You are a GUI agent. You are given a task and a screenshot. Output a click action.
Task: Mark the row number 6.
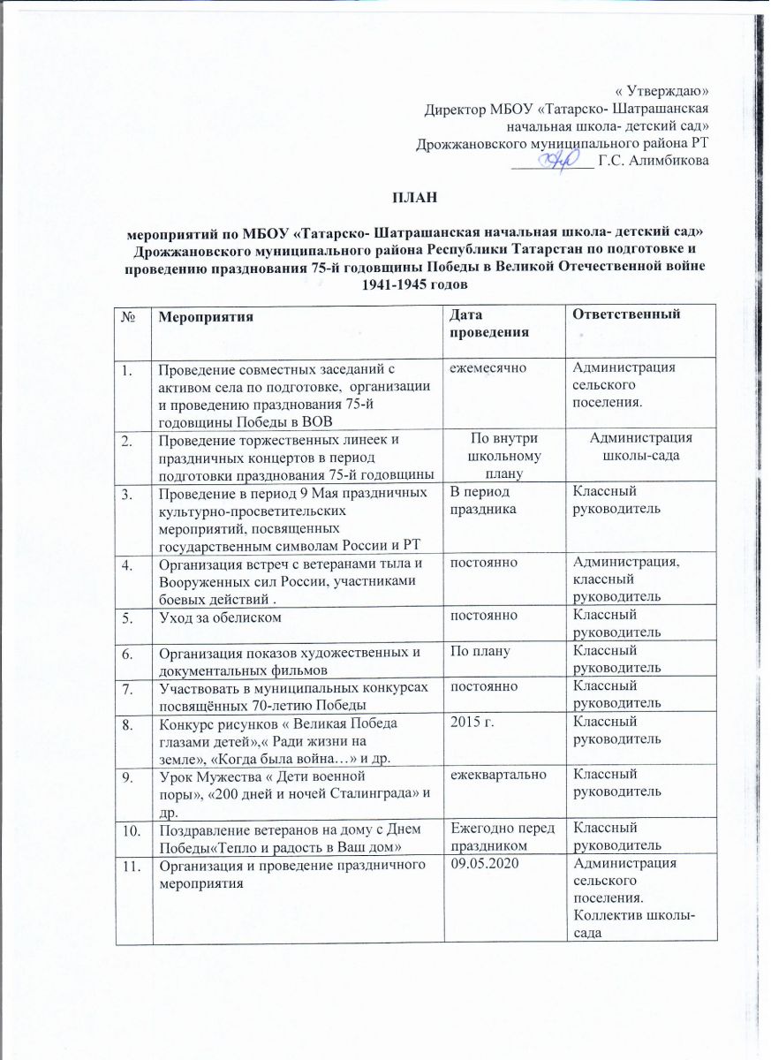click(x=127, y=655)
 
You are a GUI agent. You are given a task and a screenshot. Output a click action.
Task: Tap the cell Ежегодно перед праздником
click(x=500, y=836)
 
